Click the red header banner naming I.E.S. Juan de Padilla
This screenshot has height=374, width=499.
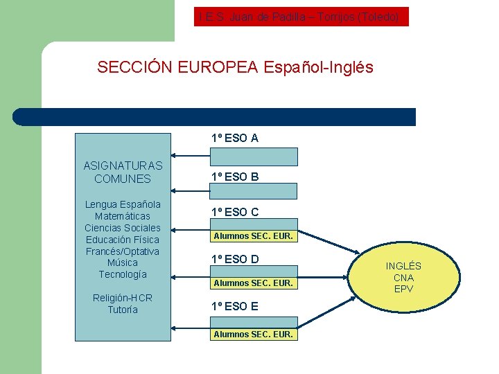301,17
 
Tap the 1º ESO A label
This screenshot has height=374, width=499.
235,139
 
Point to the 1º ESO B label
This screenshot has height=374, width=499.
235,177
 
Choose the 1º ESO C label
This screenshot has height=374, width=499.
235,213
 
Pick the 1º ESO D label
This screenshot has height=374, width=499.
235,260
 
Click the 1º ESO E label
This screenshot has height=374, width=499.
235,306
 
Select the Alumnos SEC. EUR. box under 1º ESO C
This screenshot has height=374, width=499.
254,236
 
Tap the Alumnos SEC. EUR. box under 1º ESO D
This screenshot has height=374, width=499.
254,283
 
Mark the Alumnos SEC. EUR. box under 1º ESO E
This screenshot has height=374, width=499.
254,335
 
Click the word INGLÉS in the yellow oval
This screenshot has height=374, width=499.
403,266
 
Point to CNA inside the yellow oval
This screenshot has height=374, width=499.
403,278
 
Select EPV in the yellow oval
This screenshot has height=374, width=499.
403,289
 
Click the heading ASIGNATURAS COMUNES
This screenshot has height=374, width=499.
123,172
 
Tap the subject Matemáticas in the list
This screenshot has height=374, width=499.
123,216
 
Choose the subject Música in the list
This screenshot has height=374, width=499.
123,262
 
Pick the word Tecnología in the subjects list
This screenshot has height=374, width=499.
123,274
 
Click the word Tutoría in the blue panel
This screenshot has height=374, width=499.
123,310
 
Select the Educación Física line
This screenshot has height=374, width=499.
123,240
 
